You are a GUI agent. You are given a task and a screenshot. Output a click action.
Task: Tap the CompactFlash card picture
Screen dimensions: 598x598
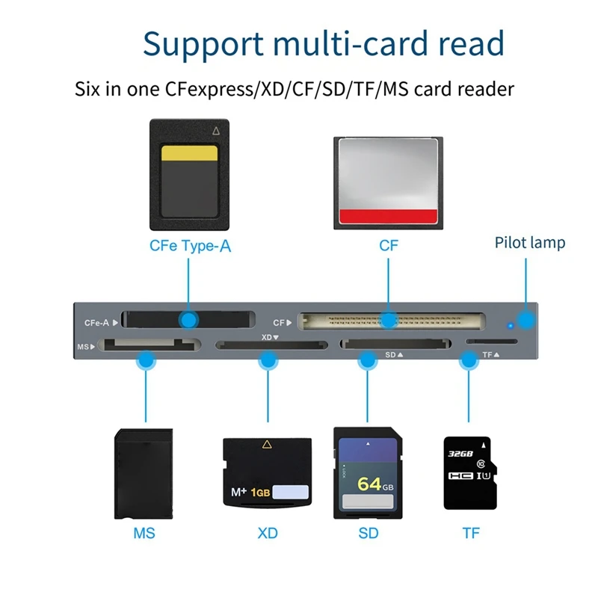[387, 183]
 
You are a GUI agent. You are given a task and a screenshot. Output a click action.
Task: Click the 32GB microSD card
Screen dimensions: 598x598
[467, 473]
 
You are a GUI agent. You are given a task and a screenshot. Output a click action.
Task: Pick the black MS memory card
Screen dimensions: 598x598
[144, 474]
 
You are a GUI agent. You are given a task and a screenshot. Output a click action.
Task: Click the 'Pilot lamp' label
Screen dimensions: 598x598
[530, 243]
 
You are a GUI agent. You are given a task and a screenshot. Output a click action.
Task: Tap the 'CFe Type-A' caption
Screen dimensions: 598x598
[190, 245]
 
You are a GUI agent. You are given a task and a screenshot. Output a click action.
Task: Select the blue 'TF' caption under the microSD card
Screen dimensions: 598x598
[470, 533]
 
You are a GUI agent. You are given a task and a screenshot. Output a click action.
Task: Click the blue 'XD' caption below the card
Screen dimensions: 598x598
[267, 533]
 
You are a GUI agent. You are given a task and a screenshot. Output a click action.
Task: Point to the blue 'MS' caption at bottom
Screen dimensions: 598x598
[144, 533]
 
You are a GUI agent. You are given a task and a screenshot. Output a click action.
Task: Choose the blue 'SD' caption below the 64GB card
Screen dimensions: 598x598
[368, 533]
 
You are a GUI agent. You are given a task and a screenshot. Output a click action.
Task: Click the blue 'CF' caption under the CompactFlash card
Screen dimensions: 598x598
[389, 245]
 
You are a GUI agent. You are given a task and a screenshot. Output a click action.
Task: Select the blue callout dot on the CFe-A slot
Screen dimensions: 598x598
[190, 321]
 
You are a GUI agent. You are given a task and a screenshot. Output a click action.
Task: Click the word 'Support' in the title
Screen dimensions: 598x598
[196, 44]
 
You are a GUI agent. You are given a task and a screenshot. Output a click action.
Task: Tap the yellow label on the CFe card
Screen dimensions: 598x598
[190, 153]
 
